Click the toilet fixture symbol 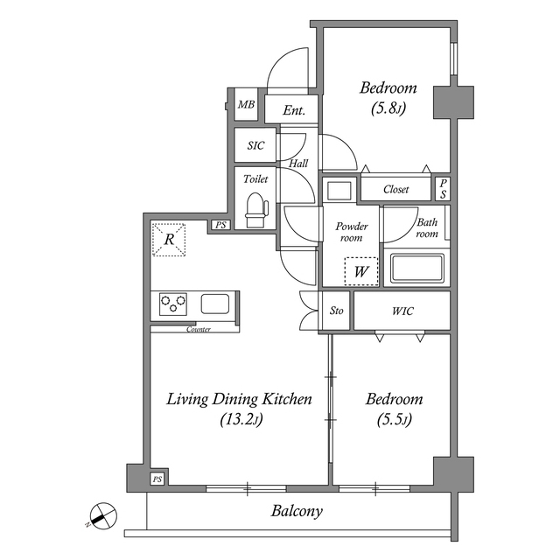(x=256, y=210)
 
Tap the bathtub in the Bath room (x=417, y=269)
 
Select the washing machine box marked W (x=361, y=271)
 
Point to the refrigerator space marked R (x=169, y=239)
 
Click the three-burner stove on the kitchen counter (x=173, y=304)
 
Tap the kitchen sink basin (x=215, y=304)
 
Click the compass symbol (x=102, y=516)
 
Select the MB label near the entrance (x=247, y=105)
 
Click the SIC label (x=255, y=145)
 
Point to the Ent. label (x=294, y=110)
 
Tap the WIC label (x=402, y=311)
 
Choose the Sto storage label (x=336, y=311)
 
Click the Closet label (x=396, y=189)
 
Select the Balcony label (x=297, y=511)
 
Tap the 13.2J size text (x=241, y=420)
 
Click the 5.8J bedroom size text (x=388, y=108)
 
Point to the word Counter (x=199, y=329)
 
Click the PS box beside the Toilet (x=220, y=225)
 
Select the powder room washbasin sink (x=339, y=191)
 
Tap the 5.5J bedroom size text (x=395, y=420)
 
